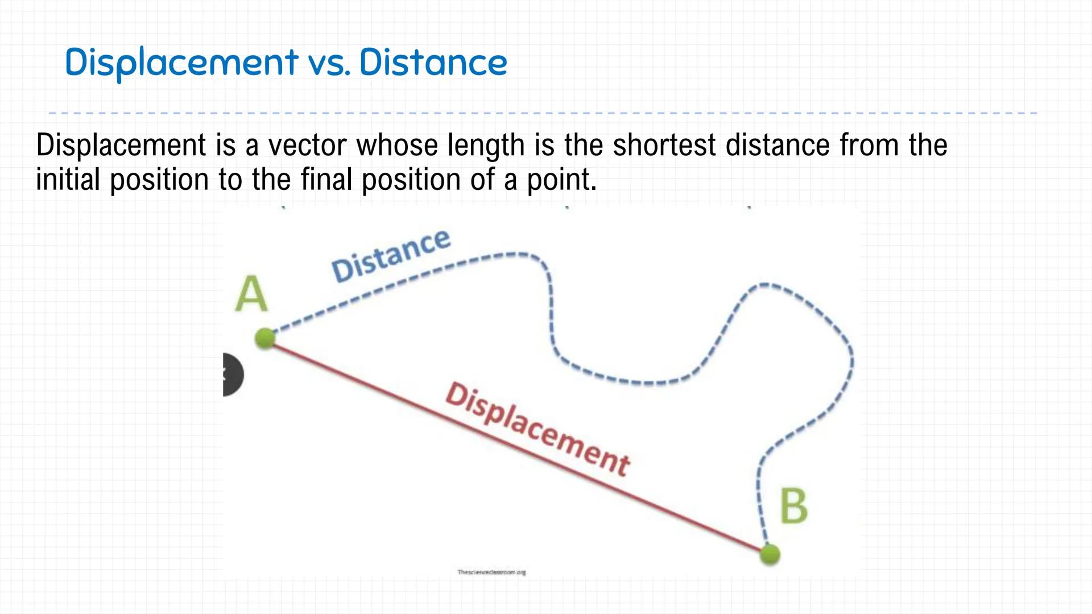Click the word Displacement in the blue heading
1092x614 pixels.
click(181, 62)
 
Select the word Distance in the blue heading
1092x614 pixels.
click(433, 62)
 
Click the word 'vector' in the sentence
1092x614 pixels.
click(307, 145)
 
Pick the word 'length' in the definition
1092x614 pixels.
click(486, 145)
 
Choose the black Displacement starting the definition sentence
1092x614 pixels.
click(121, 145)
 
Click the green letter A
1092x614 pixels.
click(251, 294)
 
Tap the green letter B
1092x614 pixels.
click(793, 506)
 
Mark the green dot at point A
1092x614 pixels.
click(265, 338)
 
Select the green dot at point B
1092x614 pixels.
click(770, 554)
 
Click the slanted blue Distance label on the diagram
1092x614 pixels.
click(391, 255)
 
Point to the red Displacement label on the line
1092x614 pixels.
click(537, 430)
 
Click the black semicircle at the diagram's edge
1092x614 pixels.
click(233, 375)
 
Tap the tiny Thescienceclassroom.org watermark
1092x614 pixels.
click(491, 572)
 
